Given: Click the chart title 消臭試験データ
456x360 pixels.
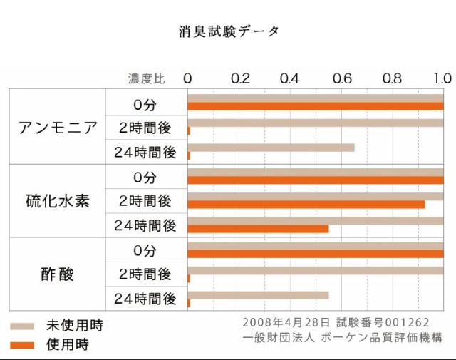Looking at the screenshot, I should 229,31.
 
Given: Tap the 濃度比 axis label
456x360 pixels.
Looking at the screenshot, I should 146,78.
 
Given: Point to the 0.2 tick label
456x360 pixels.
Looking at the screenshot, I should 239,78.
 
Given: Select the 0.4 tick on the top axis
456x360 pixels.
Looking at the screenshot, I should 289,78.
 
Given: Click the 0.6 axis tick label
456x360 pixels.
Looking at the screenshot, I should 341,78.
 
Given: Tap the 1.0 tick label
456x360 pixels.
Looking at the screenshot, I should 442,78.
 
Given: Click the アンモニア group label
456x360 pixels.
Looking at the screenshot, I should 58,128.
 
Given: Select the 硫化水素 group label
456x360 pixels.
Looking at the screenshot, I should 58,200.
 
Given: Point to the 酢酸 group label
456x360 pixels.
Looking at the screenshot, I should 58,274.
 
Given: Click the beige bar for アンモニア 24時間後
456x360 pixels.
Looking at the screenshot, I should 271,148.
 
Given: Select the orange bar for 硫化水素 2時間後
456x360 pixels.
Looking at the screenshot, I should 306,205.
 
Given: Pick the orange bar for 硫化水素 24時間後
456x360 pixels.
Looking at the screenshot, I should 258,229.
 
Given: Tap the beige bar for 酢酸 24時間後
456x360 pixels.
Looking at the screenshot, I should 258,294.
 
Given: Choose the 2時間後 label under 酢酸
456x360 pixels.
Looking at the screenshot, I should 145,274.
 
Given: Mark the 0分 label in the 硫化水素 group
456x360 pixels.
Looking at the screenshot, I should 145,178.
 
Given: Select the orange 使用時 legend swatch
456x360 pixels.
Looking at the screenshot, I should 22,345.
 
